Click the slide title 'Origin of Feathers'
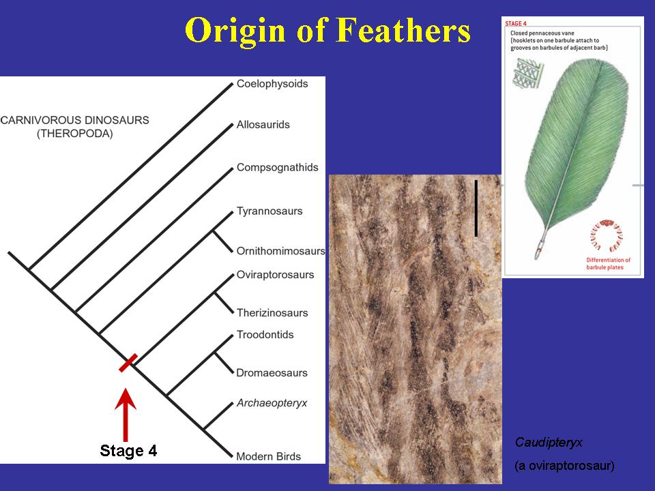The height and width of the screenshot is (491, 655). pyautogui.click(x=327, y=31)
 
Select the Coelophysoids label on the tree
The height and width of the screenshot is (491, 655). pyautogui.click(x=272, y=84)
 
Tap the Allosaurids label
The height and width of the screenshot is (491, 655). pyautogui.click(x=263, y=125)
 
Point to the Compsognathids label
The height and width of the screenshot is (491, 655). pyautogui.click(x=277, y=168)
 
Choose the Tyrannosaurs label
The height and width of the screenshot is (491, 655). pyautogui.click(x=269, y=211)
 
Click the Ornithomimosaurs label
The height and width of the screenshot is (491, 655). pyautogui.click(x=280, y=251)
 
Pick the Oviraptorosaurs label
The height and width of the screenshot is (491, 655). pyautogui.click(x=275, y=275)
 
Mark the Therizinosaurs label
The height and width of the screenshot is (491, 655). pyautogui.click(x=272, y=313)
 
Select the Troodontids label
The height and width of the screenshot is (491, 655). pyautogui.click(x=265, y=335)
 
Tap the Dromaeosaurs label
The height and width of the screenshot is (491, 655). pyautogui.click(x=272, y=373)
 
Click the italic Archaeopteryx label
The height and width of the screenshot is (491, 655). pyautogui.click(x=272, y=403)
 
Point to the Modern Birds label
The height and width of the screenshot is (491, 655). pyautogui.click(x=268, y=456)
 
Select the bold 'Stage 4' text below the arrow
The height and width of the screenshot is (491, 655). pyautogui.click(x=128, y=451)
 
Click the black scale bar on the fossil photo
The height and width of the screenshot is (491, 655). pyautogui.click(x=476, y=208)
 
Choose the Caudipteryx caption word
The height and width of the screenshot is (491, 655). pyautogui.click(x=549, y=442)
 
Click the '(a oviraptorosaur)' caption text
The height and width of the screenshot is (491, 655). pyautogui.click(x=564, y=466)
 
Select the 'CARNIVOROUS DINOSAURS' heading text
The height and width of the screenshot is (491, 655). pyautogui.click(x=74, y=120)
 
